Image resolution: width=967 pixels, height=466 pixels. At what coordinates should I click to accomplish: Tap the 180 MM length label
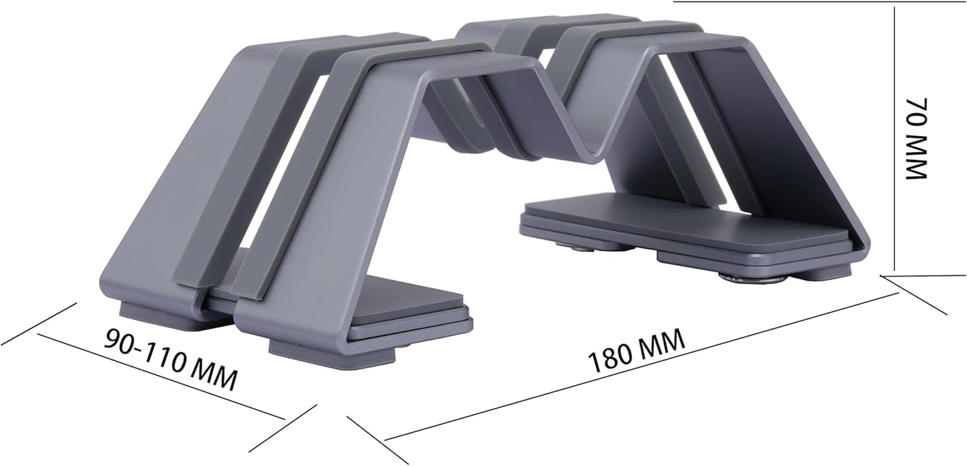pyautogui.click(x=636, y=352)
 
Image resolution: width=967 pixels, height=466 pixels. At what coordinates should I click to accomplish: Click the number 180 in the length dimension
pyautogui.click(x=610, y=360)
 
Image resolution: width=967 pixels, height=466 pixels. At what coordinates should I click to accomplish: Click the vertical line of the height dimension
pyautogui.click(x=895, y=134)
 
